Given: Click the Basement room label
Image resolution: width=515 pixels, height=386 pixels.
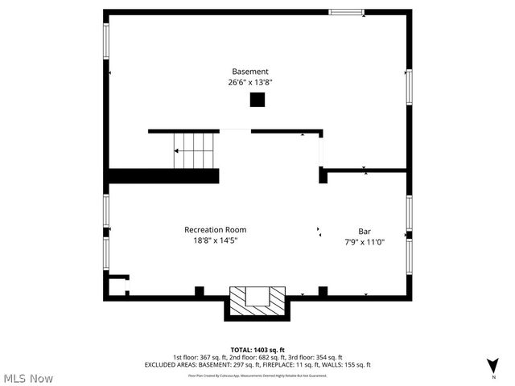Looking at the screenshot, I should pos(249,71).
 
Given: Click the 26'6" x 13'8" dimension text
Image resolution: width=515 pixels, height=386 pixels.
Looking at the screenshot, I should pos(249,81).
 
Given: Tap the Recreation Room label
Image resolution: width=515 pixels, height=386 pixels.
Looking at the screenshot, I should pos(215,229).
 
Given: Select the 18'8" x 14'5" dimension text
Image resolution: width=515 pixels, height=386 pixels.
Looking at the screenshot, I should pos(215,240).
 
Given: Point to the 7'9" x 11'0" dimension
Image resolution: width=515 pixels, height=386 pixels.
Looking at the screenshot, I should pos(364,241).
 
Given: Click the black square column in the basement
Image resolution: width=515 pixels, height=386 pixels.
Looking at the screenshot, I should pos(257,100).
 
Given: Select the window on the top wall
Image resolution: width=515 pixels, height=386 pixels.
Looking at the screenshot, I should pos(345,12).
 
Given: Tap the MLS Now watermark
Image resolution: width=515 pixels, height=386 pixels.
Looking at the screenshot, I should pos(28,378).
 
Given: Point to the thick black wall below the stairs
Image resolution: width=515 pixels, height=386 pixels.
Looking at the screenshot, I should pos(163,175).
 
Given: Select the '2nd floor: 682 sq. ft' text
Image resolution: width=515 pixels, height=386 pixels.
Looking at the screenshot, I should pos(248,357).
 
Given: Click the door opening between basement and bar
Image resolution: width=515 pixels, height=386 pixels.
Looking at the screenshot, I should pos(322,150).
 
